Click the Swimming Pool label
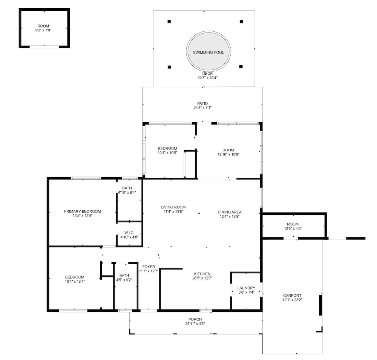(208, 52)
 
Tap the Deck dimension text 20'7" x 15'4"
(207, 78)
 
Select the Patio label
(202, 103)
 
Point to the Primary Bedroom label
(82, 211)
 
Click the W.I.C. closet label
(129, 233)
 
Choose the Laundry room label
(246, 288)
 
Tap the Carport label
(292, 295)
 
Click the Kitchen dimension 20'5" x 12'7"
(202, 278)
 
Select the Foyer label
(149, 267)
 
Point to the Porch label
(195, 319)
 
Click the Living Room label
(173, 207)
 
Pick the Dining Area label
(230, 212)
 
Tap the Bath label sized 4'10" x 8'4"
(127, 188)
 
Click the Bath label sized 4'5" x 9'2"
(124, 275)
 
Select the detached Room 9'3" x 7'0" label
(43, 26)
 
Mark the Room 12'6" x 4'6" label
(293, 224)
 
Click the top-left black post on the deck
(169, 22)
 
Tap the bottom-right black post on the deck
(241, 67)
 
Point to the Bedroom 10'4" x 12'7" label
(75, 277)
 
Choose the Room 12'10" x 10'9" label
(228, 150)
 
